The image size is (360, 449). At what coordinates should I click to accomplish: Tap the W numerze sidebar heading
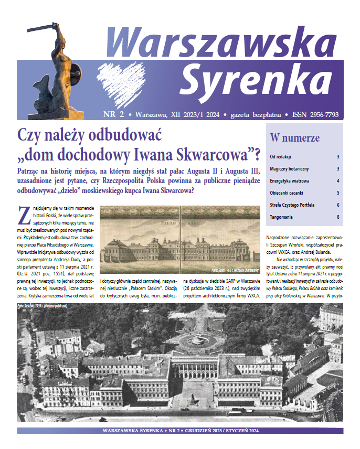pyautogui.click(x=294, y=138)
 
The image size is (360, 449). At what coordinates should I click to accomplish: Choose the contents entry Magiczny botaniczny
pyautogui.click(x=289, y=168)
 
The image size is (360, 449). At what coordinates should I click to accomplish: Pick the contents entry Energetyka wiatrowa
pyautogui.click(x=289, y=180)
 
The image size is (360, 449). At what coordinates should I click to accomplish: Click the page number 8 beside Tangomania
pyautogui.click(x=338, y=217)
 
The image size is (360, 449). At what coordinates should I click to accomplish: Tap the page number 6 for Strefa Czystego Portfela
pyautogui.click(x=338, y=205)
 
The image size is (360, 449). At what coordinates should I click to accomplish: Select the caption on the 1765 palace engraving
pyautogui.click(x=235, y=271)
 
